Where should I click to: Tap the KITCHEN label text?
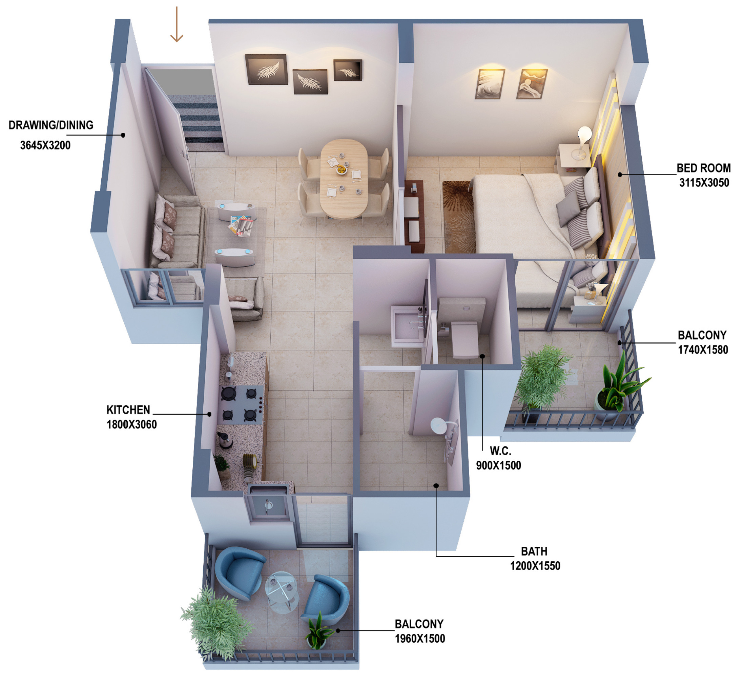(x=128, y=410)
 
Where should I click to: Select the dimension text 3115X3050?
(x=704, y=183)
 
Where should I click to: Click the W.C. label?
(x=500, y=451)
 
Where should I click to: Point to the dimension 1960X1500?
(x=420, y=638)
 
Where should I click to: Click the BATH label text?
(x=534, y=551)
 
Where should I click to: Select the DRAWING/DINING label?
(x=51, y=125)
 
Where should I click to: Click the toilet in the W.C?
(x=464, y=338)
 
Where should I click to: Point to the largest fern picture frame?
(x=266, y=69)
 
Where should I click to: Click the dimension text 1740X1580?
(x=703, y=350)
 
